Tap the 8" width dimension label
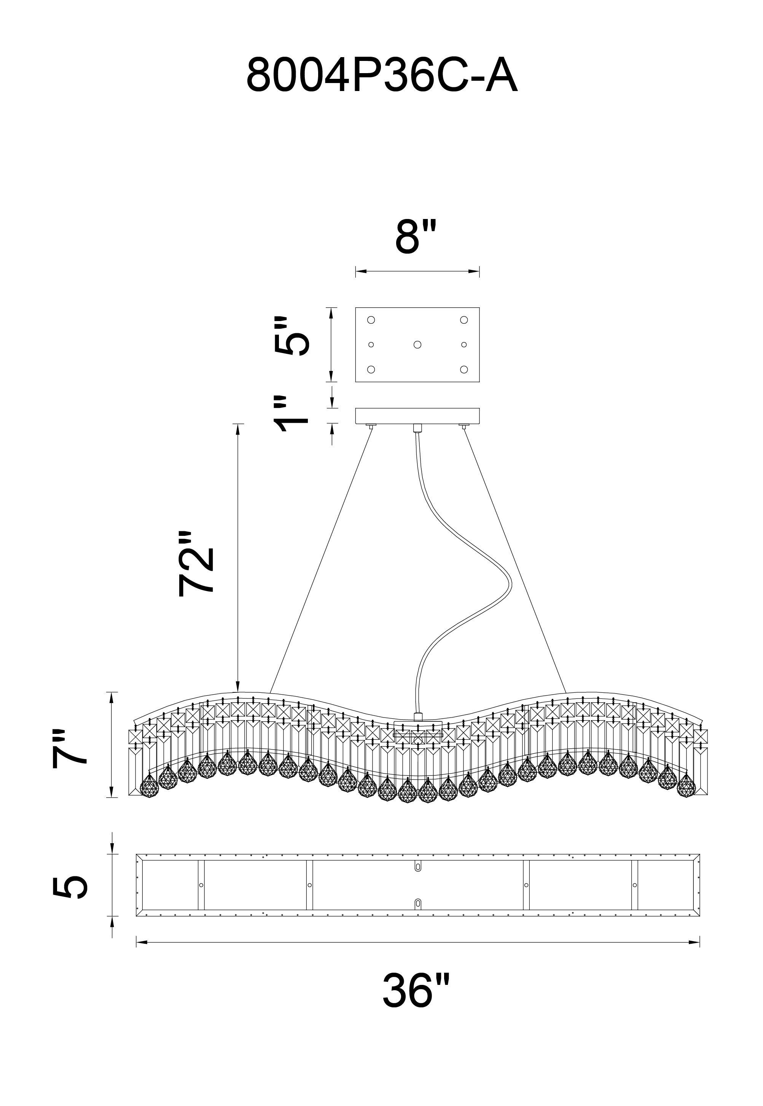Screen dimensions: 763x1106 point(416,237)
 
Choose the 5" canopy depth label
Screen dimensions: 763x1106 point(292,336)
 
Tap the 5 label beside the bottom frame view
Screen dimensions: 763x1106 point(70,885)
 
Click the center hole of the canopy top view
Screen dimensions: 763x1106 point(417,344)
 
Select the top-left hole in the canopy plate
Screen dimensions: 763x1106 point(371,320)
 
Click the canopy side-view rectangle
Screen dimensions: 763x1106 point(417,416)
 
